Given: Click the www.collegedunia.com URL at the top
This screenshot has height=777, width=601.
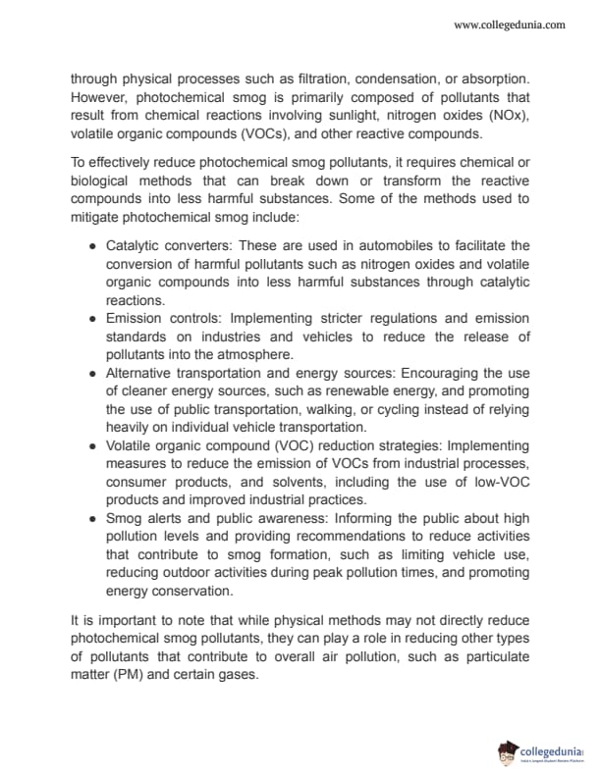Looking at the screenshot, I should click(x=509, y=25).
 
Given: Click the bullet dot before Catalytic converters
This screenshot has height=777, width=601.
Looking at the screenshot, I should click(x=91, y=245).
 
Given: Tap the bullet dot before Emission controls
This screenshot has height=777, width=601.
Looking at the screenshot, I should click(x=91, y=319).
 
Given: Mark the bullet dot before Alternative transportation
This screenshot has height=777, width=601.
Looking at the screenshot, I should click(x=91, y=374).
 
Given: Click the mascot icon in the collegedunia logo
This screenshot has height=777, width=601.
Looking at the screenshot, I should click(x=509, y=751).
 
